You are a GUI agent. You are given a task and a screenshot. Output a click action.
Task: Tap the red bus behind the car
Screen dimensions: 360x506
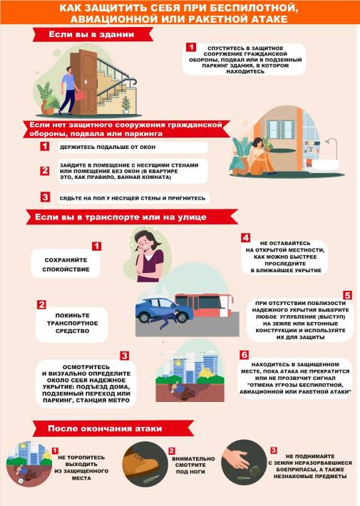point(203,305)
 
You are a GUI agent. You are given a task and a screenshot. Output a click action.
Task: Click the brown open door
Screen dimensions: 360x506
point(84,82)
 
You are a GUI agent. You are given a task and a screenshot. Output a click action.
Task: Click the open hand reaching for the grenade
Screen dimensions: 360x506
point(237,459)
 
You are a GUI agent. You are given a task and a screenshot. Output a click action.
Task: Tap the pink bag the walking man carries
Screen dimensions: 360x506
point(81,95)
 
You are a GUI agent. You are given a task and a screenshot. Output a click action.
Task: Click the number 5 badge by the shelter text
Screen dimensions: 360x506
point(347,295)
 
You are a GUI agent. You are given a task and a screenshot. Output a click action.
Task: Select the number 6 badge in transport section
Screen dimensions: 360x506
point(244,355)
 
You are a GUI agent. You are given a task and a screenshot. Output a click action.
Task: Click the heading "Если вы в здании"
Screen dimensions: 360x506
point(91,34)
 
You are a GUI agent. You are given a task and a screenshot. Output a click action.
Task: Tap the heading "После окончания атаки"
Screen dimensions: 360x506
point(105,428)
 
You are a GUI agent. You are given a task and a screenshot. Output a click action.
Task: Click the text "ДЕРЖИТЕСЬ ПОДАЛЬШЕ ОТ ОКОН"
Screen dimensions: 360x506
point(108,147)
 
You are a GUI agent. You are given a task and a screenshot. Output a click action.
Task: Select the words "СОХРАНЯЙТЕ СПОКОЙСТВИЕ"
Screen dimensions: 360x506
point(66,264)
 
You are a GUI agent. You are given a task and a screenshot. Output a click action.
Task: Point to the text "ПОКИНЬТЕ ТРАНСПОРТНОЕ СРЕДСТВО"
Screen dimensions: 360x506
point(72,323)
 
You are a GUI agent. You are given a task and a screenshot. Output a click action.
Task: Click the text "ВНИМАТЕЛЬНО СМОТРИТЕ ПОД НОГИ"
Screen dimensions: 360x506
point(193,465)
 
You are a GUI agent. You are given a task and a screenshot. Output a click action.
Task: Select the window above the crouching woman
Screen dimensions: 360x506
point(280,129)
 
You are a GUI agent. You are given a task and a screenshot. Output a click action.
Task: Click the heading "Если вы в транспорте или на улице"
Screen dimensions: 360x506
point(120,217)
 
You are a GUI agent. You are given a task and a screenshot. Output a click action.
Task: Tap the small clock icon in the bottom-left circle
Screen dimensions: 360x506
point(21,480)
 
